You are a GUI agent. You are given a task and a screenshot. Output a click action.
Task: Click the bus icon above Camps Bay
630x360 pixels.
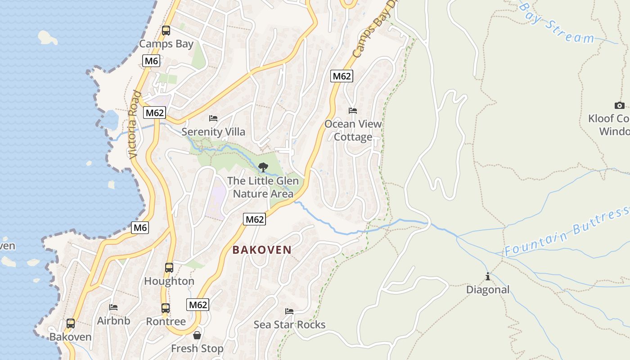166,31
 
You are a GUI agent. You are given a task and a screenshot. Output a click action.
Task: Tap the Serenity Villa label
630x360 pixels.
213,132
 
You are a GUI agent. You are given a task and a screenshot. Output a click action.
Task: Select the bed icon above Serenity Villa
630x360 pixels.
213,118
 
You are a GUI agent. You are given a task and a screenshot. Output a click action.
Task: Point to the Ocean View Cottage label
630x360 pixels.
353,130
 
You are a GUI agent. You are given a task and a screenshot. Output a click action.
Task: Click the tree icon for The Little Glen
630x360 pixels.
263,167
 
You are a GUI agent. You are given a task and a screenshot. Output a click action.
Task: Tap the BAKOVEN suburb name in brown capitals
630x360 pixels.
262,250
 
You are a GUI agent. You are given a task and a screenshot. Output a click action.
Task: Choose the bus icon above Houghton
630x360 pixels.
169,268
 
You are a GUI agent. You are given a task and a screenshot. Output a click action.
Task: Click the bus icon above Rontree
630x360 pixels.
166,308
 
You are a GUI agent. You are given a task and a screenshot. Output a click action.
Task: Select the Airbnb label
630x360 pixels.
113,321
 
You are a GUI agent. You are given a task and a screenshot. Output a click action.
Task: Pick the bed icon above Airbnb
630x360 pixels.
113,307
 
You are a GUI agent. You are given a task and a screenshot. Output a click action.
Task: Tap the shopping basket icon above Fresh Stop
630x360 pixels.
197,335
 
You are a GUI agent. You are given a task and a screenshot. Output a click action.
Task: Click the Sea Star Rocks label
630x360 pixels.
289,324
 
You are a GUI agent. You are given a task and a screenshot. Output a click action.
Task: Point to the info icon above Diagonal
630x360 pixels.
487,276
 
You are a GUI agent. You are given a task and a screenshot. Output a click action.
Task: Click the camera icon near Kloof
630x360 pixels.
620,106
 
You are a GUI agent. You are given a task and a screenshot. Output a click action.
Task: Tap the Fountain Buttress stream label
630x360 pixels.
567,233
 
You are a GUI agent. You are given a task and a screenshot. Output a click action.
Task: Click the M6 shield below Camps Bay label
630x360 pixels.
151,61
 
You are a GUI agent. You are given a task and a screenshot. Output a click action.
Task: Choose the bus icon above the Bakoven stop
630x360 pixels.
71,324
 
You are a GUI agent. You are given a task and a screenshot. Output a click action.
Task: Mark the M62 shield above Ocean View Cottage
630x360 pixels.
341,76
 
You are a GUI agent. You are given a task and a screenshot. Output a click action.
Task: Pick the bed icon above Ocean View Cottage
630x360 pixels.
353,111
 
